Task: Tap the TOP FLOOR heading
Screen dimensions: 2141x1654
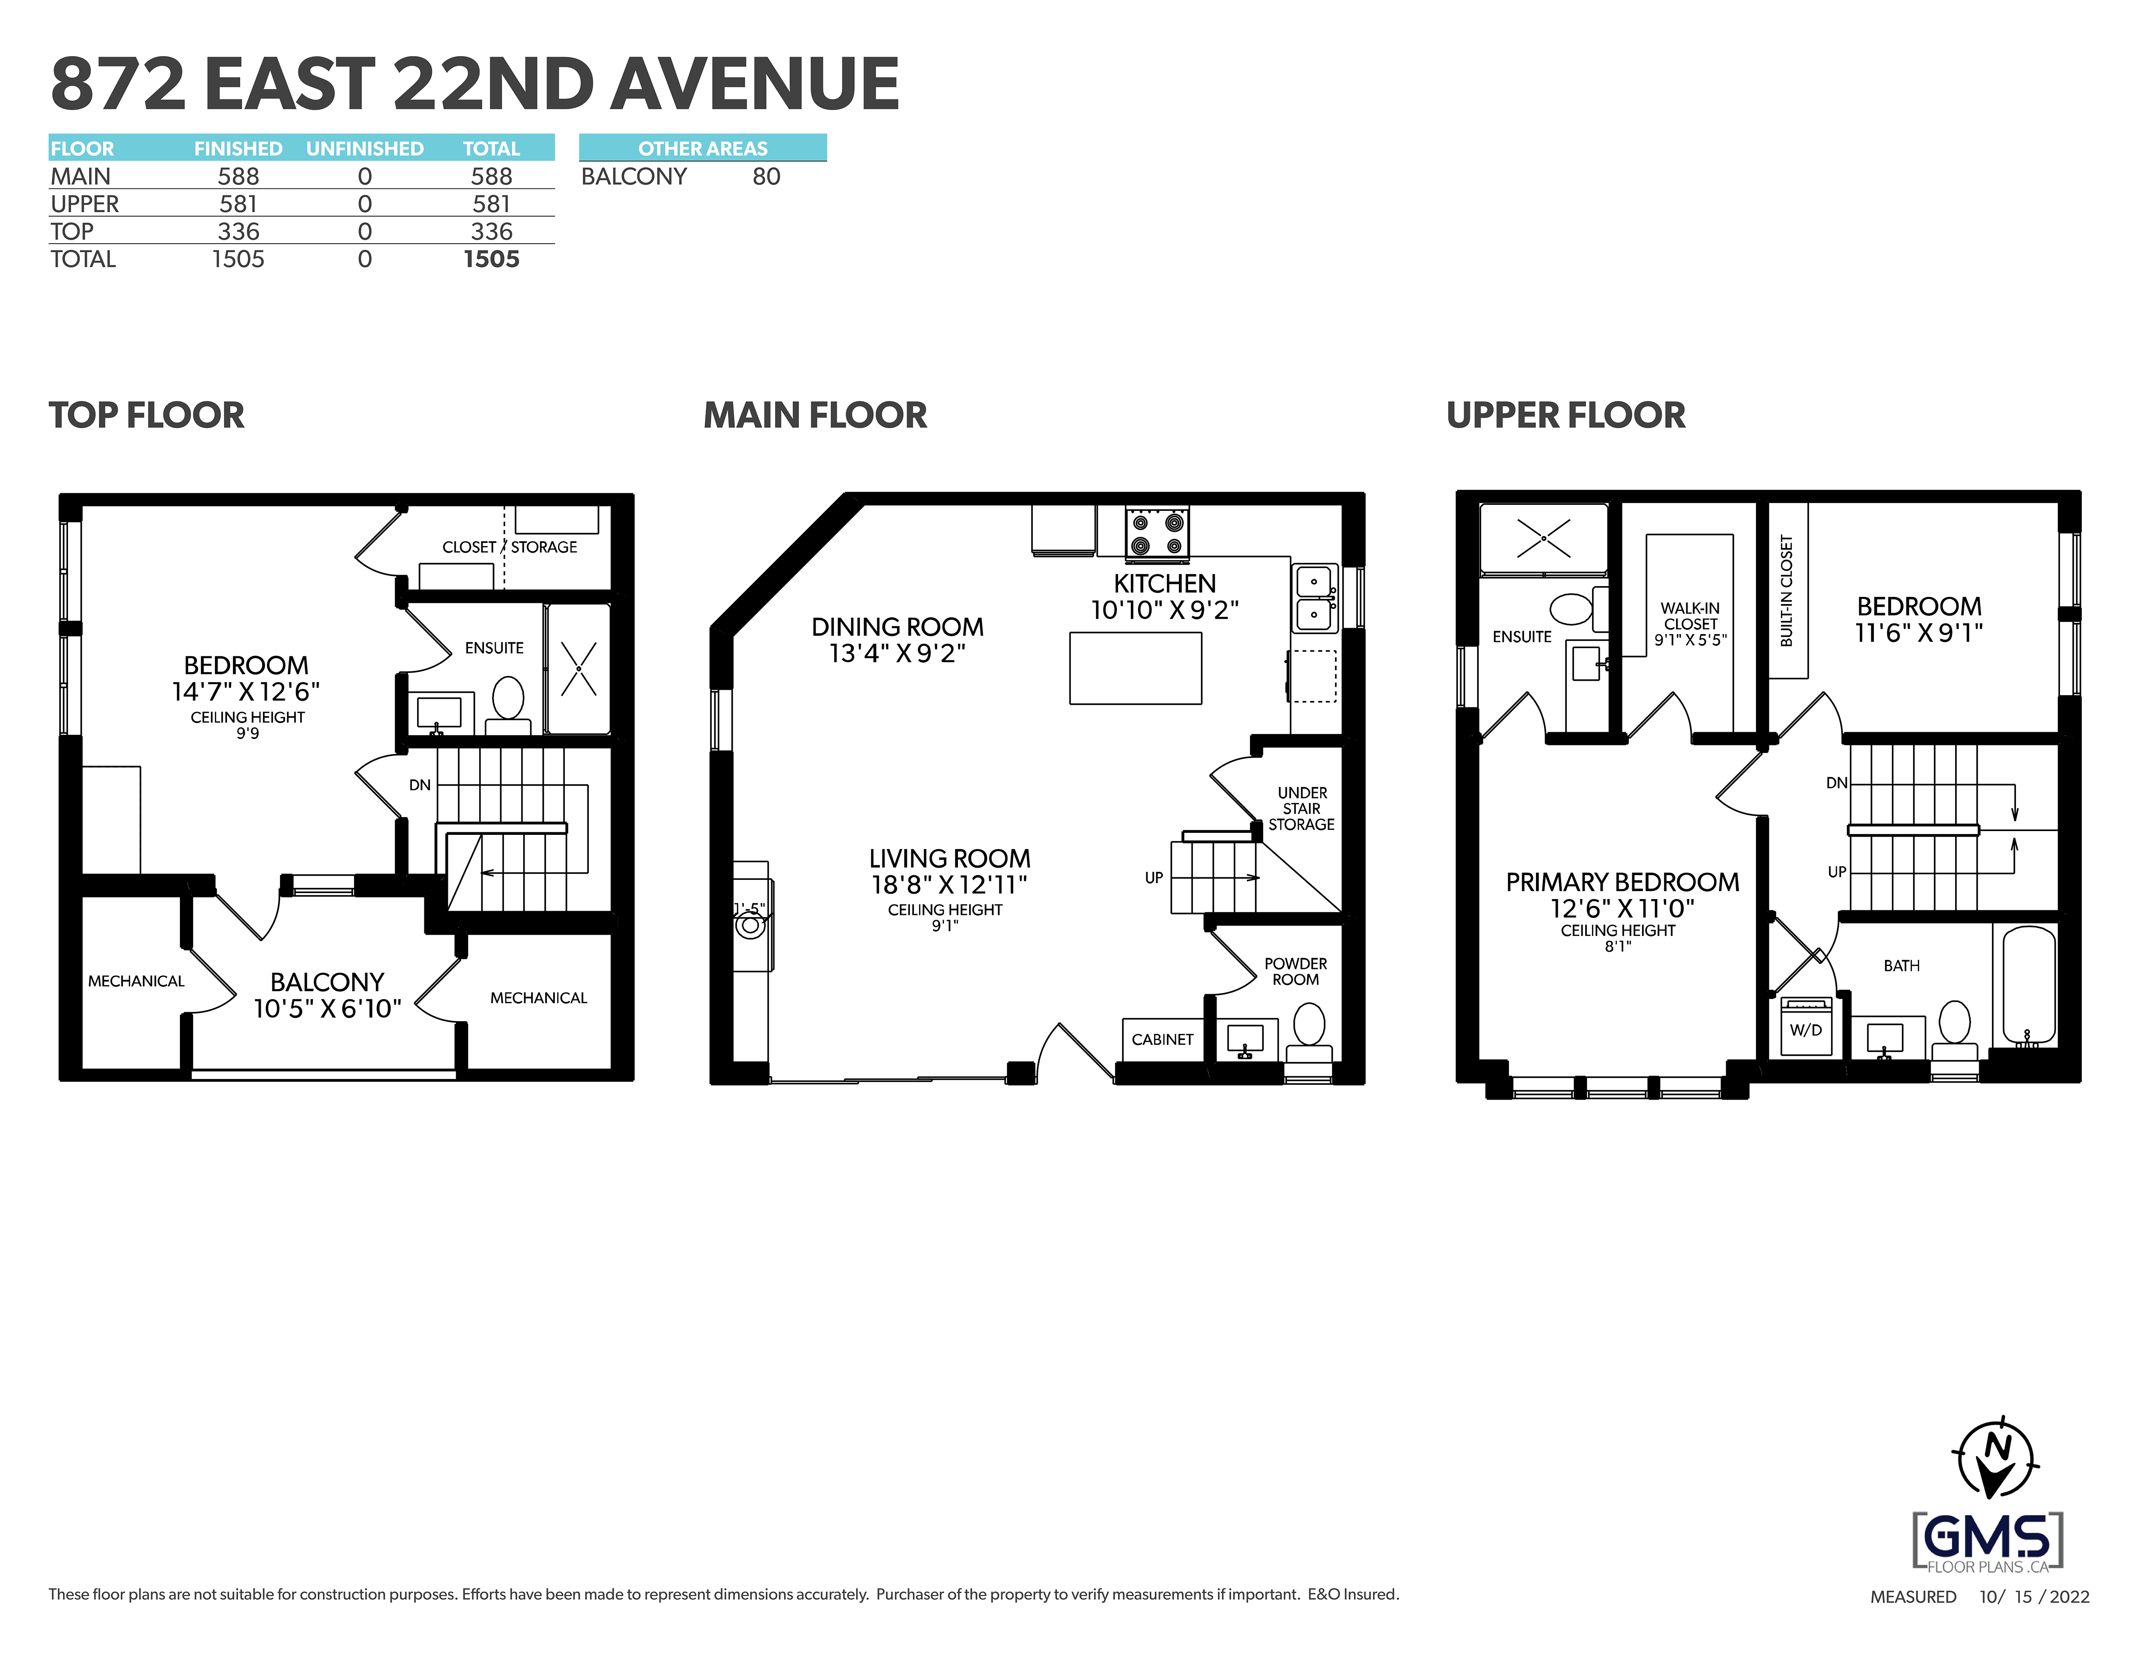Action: pyautogui.click(x=147, y=415)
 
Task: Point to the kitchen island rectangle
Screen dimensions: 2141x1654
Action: pyautogui.click(x=1135, y=668)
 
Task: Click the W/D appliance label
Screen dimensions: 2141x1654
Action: pyautogui.click(x=1806, y=1029)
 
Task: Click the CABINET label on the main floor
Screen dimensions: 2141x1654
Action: pyautogui.click(x=1163, y=1039)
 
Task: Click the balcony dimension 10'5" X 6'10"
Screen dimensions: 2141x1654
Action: pyautogui.click(x=328, y=1009)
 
